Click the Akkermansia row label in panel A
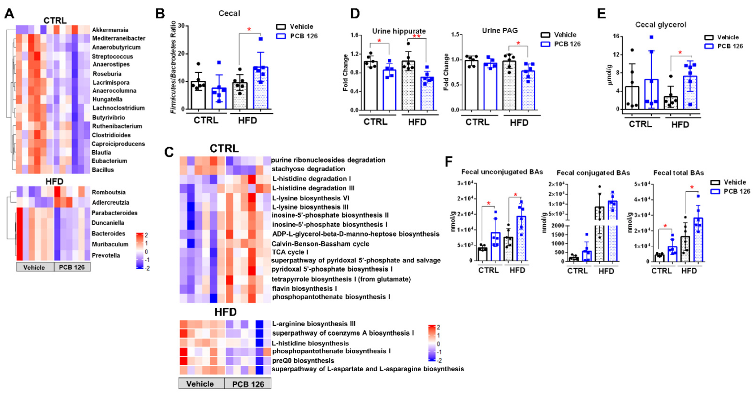click(110, 30)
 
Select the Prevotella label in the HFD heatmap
click(106, 256)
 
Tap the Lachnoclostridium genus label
click(118, 108)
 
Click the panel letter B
click(160, 13)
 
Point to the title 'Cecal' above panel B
click(229, 13)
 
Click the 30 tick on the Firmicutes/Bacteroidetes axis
click(182, 26)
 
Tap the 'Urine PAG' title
click(500, 31)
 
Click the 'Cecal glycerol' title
click(661, 25)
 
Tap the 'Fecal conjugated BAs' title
click(593, 172)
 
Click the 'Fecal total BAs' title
click(678, 172)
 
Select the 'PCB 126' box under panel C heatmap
click(248, 384)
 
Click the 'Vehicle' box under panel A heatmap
click(35, 267)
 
